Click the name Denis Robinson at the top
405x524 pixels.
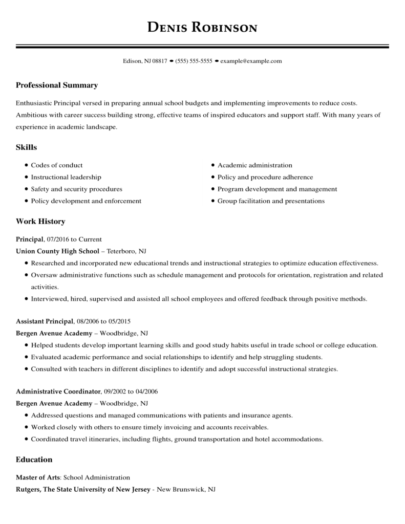click(202, 27)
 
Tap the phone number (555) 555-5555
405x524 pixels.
click(194, 61)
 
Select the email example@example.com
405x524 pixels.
click(251, 61)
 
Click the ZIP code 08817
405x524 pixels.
click(160, 61)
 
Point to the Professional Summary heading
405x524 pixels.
click(57, 85)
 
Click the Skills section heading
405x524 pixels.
click(27, 147)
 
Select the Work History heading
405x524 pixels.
click(40, 222)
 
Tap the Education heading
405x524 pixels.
click(34, 460)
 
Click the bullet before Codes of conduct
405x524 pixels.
click(26, 165)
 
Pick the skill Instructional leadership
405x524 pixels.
click(66, 177)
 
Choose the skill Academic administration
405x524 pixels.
click(254, 165)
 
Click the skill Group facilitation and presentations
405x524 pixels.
click(271, 201)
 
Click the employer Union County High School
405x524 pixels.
click(57, 251)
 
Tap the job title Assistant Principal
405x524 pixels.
click(45, 321)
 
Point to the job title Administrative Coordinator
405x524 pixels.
click(59, 391)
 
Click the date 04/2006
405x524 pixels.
click(146, 391)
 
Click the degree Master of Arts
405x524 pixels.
click(38, 477)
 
